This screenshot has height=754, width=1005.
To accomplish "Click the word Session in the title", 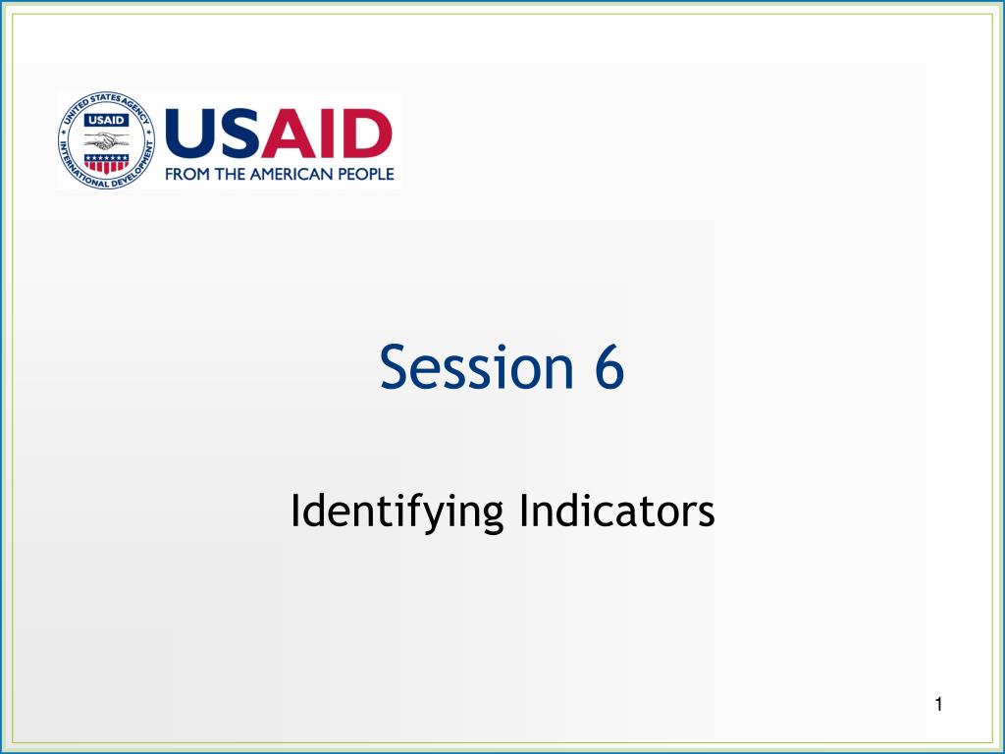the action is (476, 367).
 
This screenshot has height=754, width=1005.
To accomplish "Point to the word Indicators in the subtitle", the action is (617, 511).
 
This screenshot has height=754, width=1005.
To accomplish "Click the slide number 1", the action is (938, 705).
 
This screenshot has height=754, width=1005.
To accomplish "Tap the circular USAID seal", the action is (106, 140).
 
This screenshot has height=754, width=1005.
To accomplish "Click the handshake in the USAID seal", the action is (106, 139).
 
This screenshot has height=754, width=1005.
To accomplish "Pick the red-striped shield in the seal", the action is (106, 164).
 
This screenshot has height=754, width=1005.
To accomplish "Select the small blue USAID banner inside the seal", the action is (106, 120).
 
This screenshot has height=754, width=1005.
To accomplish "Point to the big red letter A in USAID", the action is (290, 134).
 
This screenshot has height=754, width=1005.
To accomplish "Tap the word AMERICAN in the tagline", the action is (291, 175).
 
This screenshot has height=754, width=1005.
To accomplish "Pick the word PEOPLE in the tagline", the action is (366, 175).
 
